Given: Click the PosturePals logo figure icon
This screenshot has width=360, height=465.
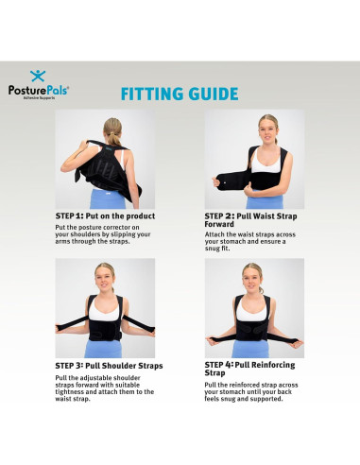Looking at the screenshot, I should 37,76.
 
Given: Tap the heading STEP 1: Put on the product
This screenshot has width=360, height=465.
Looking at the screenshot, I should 105,216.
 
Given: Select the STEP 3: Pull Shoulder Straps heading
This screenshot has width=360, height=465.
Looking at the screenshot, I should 109,365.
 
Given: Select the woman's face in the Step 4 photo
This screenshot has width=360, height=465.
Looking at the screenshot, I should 251,276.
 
